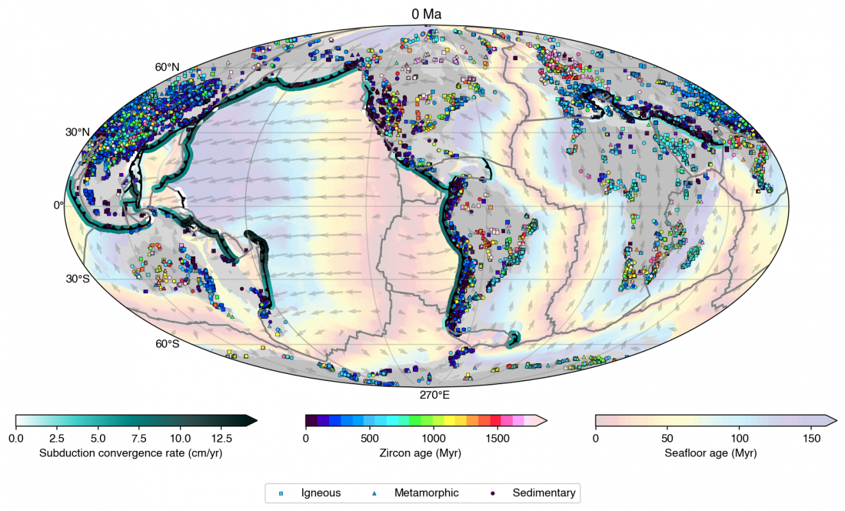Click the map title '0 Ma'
(x=426, y=14)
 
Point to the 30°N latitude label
(x=77, y=133)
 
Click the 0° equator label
(x=58, y=205)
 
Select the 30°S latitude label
(x=77, y=279)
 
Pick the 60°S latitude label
(x=167, y=344)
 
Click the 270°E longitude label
(x=435, y=395)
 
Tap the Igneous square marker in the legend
(x=281, y=494)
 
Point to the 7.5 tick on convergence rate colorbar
(x=139, y=439)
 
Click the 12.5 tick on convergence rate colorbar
(x=221, y=439)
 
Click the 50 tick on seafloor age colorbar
(x=668, y=439)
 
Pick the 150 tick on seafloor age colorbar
(x=811, y=439)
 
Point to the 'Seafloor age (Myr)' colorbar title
(x=711, y=453)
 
